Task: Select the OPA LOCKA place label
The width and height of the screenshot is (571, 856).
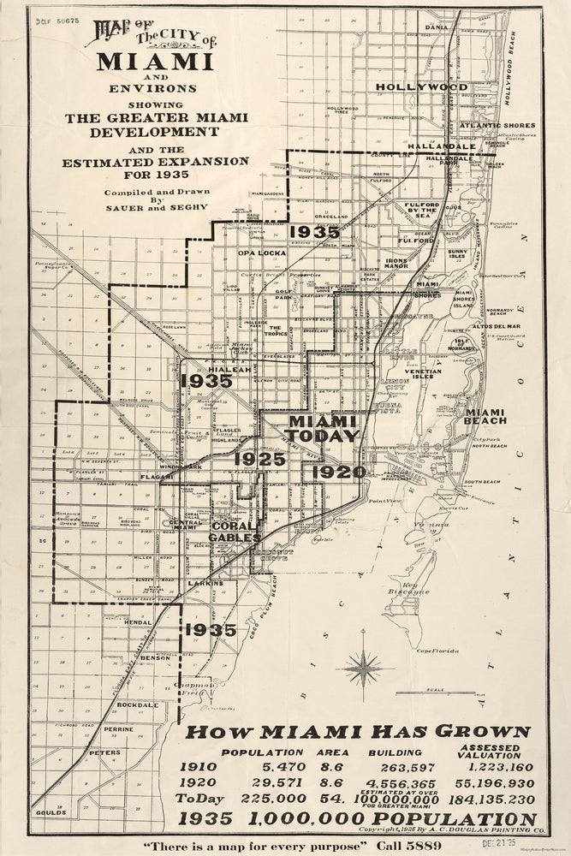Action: pyautogui.click(x=259, y=253)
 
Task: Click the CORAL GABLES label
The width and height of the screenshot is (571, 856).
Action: pyautogui.click(x=235, y=532)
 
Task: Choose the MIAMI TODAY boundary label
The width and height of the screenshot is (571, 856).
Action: pyautogui.click(x=322, y=428)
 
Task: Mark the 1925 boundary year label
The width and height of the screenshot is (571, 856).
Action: pyautogui.click(x=261, y=460)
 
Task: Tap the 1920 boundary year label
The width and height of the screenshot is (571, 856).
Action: pyautogui.click(x=338, y=471)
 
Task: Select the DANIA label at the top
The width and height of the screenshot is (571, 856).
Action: pyautogui.click(x=436, y=27)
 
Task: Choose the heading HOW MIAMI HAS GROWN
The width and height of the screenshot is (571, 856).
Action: pyautogui.click(x=358, y=731)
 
